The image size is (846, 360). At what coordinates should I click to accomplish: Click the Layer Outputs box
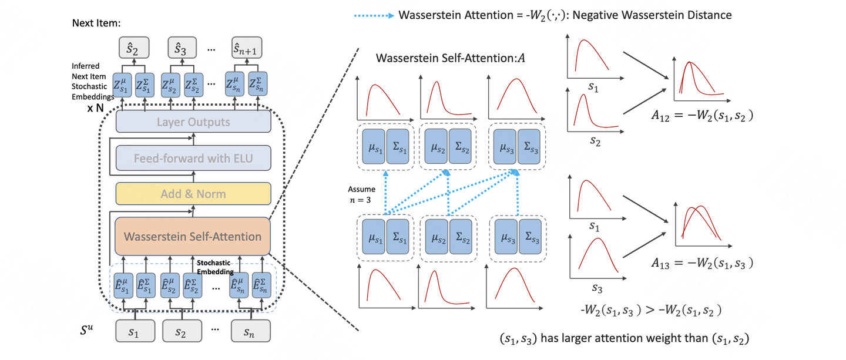[193, 122]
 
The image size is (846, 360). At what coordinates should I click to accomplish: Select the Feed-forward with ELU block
[193, 158]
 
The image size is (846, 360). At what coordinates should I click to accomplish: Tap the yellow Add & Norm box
[193, 193]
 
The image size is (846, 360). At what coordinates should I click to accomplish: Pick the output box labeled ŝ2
[134, 47]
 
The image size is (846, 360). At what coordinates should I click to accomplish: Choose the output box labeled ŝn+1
[248, 47]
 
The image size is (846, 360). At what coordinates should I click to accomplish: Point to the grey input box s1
[134, 333]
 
